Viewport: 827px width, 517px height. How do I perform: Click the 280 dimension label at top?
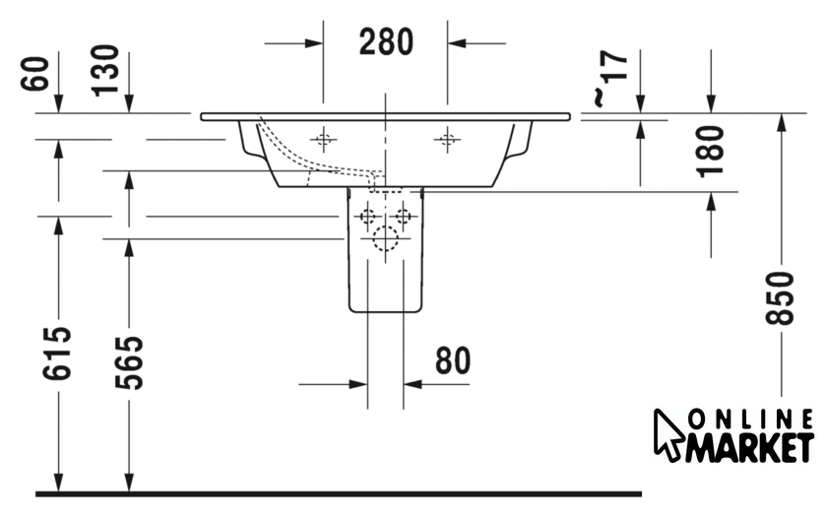coord(386,42)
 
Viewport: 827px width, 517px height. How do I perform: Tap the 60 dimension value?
coord(35,73)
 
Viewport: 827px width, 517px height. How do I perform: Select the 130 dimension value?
coord(105,71)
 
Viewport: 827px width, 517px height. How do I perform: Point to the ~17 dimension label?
coord(610,78)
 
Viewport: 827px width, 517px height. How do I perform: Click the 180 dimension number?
coord(710,152)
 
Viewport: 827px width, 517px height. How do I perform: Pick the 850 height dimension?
coord(780,298)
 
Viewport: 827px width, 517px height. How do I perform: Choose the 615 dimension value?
coord(57,354)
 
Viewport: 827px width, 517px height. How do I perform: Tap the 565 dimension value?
coord(129,363)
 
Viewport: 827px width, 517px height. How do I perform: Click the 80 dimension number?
coord(453,360)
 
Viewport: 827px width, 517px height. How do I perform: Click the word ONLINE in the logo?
coord(751,420)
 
